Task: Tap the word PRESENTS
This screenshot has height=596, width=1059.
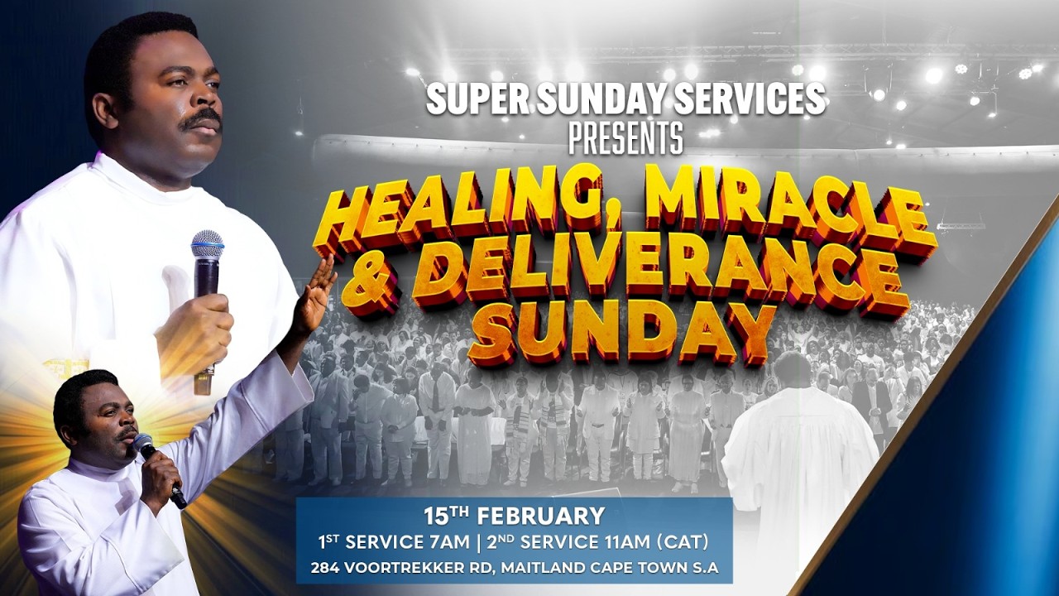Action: [625, 138]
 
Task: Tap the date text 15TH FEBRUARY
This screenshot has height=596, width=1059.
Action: [514, 517]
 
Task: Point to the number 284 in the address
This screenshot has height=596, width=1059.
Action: [323, 569]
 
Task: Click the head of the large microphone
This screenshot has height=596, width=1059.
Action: [207, 245]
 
